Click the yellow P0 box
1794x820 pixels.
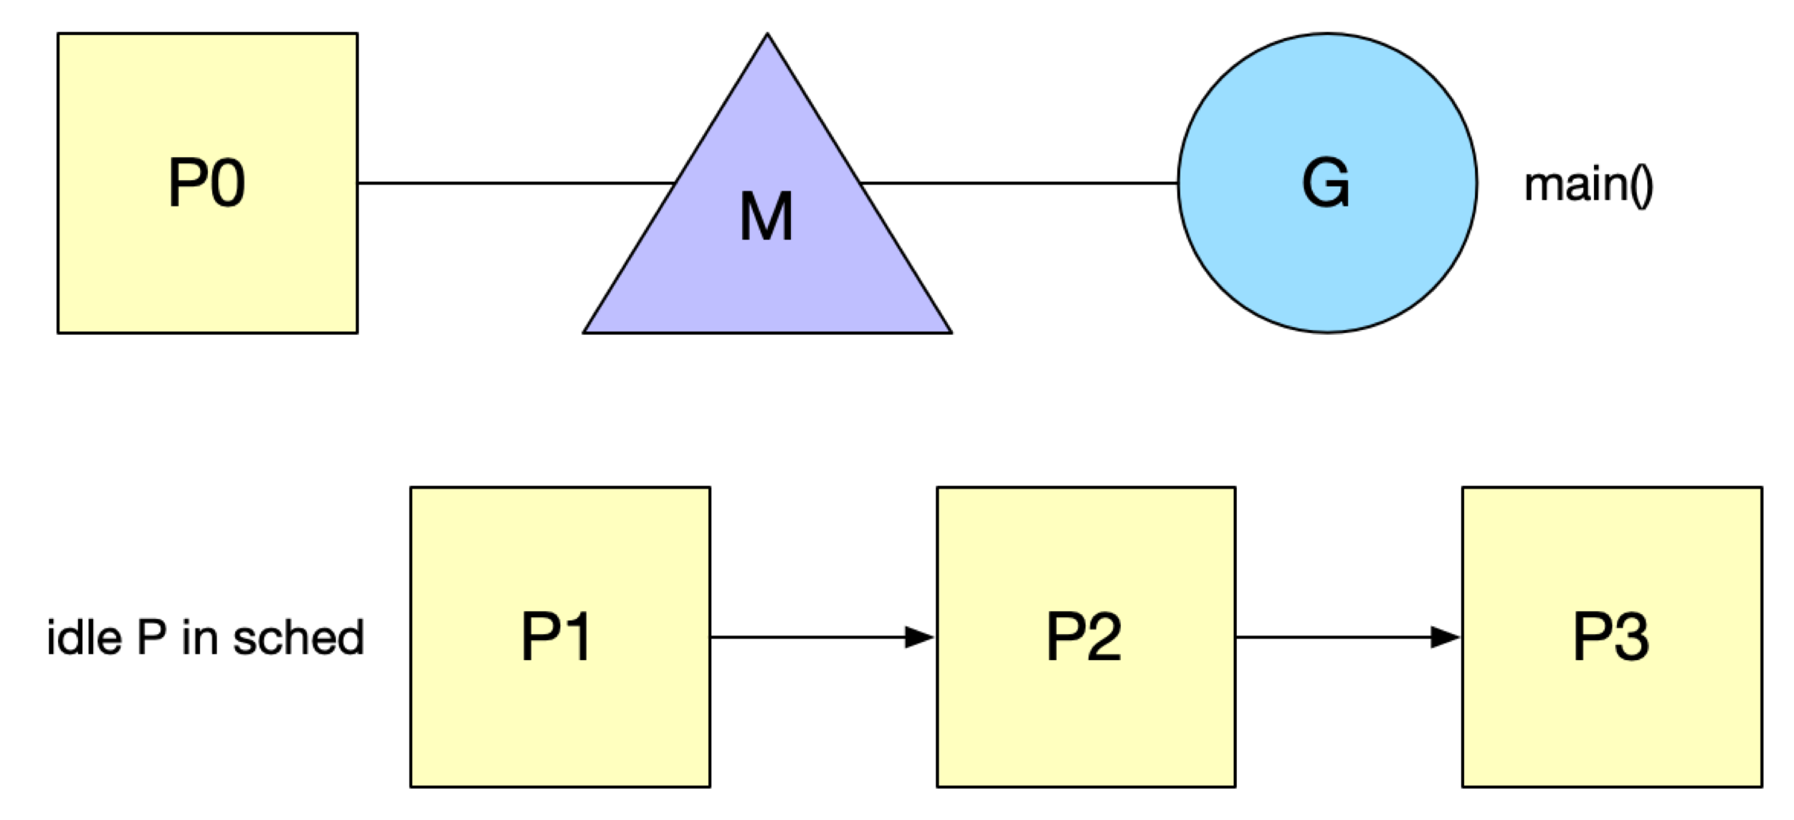pyautogui.click(x=207, y=183)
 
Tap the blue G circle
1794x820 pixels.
pyautogui.click(x=1327, y=183)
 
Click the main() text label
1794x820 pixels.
pyautogui.click(x=1588, y=185)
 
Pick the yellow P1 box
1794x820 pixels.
pyautogui.click(x=560, y=637)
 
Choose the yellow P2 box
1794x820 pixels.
pyautogui.click(x=1086, y=637)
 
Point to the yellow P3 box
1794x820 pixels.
pyautogui.click(x=1613, y=637)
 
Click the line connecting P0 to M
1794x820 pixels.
pyautogui.click(x=516, y=183)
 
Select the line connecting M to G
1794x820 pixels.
pyautogui.click(x=1019, y=183)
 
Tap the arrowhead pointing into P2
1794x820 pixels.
pyautogui.click(x=920, y=637)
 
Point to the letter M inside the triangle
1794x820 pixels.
pyautogui.click(x=767, y=216)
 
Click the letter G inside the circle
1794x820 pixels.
pyautogui.click(x=1326, y=182)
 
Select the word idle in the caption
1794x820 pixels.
pyautogui.click(x=84, y=637)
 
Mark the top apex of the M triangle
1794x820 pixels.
pyautogui.click(x=767, y=34)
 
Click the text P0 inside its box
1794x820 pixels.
pyautogui.click(x=207, y=182)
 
